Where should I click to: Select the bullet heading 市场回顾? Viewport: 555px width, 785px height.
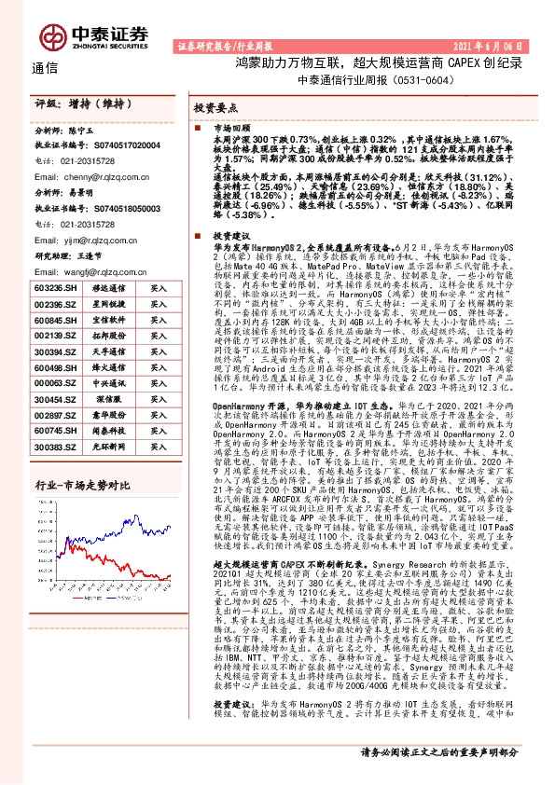pos(232,125)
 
